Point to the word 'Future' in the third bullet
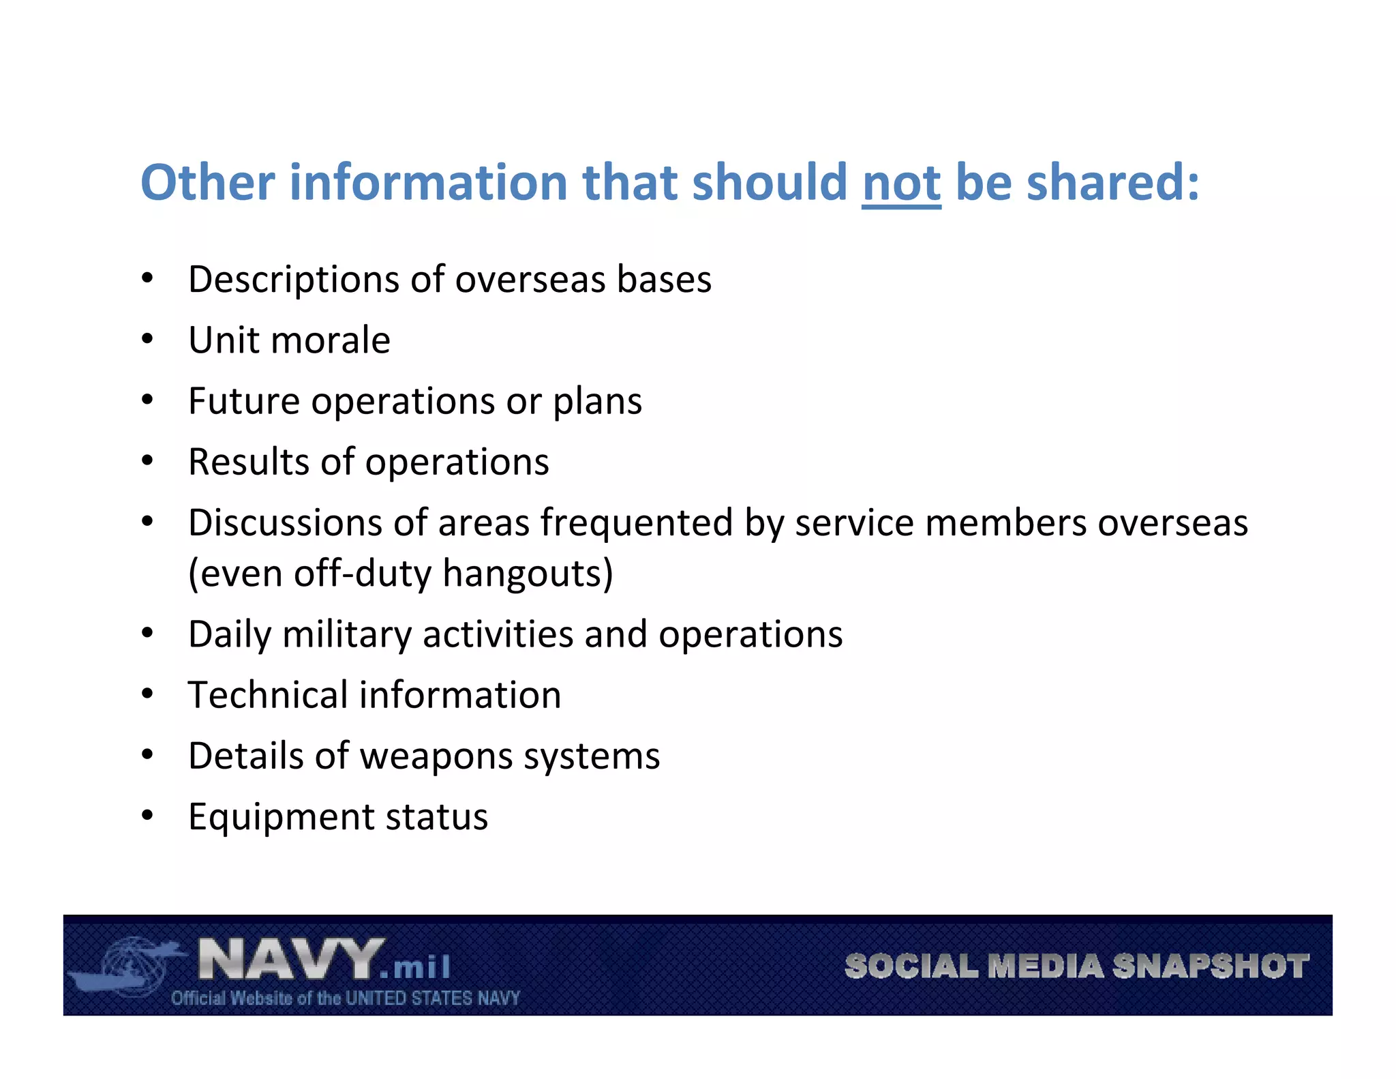coord(243,400)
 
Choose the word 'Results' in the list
coord(248,462)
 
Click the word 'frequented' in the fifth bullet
coord(636,523)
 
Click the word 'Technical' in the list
coord(267,695)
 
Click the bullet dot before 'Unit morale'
coord(147,339)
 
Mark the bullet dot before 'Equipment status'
coord(147,816)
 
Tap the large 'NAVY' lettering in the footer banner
coord(290,960)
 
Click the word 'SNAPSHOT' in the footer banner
coord(1210,966)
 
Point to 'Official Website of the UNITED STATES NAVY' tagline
coord(346,999)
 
